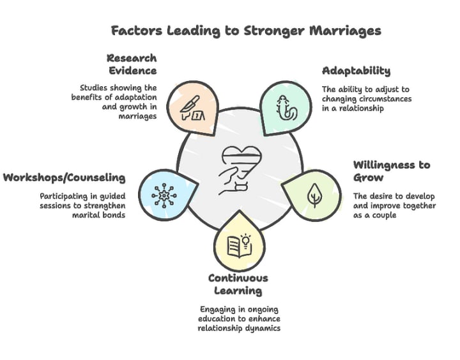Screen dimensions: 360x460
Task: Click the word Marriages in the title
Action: click(x=344, y=31)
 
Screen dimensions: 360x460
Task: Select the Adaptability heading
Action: click(x=356, y=70)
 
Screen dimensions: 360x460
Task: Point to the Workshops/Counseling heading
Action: click(x=64, y=177)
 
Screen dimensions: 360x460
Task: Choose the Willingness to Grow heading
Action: click(x=392, y=171)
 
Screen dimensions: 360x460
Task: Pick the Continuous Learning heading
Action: click(x=238, y=285)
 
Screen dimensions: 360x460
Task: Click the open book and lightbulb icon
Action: click(x=240, y=246)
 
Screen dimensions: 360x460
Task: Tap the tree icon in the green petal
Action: click(x=314, y=196)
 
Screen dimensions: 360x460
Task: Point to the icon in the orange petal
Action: click(x=190, y=108)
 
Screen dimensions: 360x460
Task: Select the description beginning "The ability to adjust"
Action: click(x=367, y=100)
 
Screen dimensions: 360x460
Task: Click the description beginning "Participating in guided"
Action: click(x=82, y=206)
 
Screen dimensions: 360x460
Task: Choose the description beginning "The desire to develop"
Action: click(x=394, y=206)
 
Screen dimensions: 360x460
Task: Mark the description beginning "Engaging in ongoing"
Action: click(x=238, y=318)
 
